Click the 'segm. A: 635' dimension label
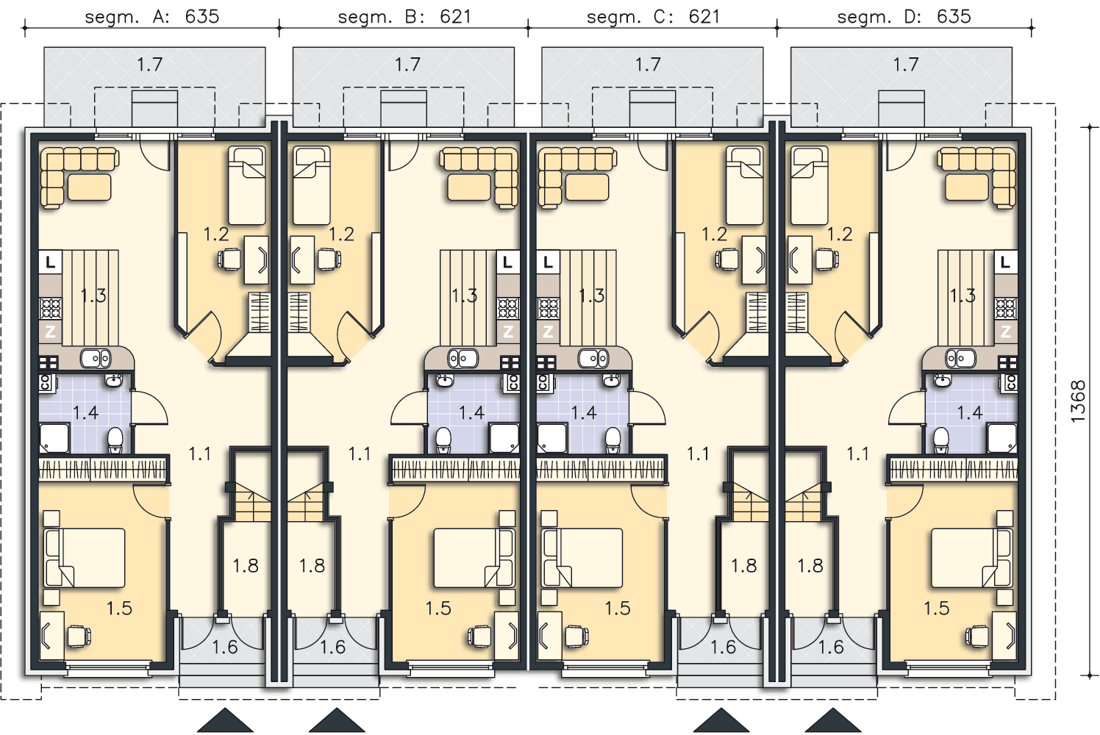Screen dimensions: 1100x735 pos(151,17)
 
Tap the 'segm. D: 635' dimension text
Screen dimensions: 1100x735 pos(904,17)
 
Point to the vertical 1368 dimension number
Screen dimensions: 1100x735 pos(1077,401)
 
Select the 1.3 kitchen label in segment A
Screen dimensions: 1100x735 pos(93,295)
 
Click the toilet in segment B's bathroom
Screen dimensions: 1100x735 pos(443,440)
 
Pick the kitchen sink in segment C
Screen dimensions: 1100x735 pos(593,359)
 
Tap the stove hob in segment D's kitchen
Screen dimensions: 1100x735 pos(1005,309)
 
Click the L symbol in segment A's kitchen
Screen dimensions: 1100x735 pos(50,262)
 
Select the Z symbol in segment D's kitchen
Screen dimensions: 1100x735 pos(1005,332)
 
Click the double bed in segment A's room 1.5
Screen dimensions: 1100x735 pos(84,558)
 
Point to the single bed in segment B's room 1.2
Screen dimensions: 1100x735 pos(311,185)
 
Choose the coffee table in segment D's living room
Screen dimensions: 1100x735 pos(966,187)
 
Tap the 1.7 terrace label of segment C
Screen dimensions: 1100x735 pos(648,65)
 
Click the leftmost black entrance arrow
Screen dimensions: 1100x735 pos(226,720)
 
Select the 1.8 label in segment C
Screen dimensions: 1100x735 pos(743,566)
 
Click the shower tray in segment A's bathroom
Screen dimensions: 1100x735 pos(54,439)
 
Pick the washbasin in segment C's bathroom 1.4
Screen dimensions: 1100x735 pos(611,380)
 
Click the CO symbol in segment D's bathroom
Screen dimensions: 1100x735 pos(1010,382)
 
